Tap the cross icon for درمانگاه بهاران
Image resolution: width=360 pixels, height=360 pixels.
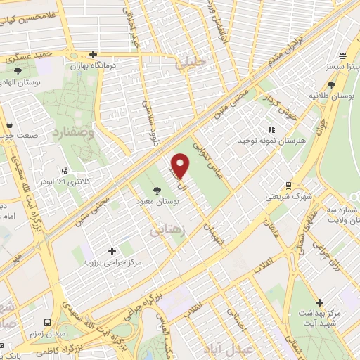click(92, 54)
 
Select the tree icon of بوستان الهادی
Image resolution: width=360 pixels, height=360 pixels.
click(18, 70)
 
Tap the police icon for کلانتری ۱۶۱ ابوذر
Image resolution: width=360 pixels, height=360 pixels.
click(65, 169)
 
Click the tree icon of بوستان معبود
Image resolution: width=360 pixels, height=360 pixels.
click(156, 190)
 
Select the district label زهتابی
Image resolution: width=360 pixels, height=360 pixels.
click(167, 229)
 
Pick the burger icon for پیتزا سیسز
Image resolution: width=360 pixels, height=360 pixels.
click(342, 56)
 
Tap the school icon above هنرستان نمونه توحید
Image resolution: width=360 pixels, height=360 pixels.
click(272, 129)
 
